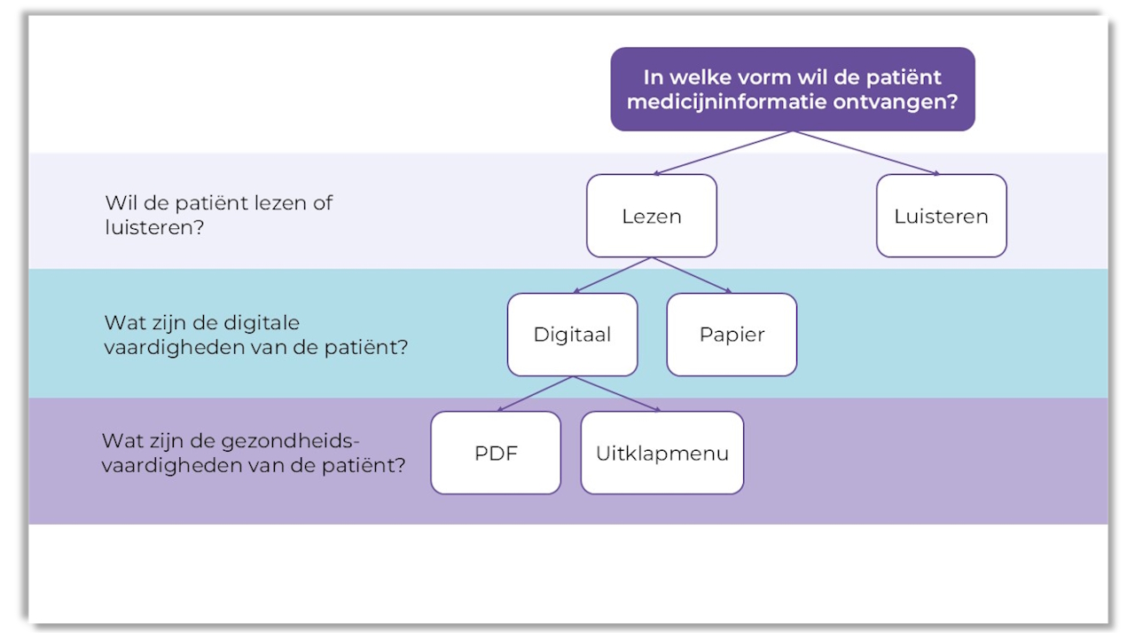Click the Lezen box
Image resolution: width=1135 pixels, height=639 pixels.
click(651, 216)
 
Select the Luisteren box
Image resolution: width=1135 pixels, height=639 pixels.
click(941, 216)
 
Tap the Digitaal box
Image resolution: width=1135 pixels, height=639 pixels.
click(572, 335)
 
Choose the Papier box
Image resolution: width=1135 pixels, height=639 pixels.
click(732, 335)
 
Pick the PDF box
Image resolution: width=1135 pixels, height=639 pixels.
click(496, 453)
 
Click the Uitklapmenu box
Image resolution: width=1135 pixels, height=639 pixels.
click(661, 453)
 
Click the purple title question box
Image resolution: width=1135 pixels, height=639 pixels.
click(792, 89)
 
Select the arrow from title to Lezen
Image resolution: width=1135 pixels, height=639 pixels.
click(723, 152)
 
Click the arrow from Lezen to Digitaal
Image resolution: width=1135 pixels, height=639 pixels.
click(613, 275)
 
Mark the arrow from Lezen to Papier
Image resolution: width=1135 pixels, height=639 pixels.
click(692, 275)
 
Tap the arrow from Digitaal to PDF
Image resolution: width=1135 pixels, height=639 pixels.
click(535, 393)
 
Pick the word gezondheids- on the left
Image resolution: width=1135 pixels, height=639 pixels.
click(297, 440)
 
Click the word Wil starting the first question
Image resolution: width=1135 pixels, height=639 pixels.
click(119, 202)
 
